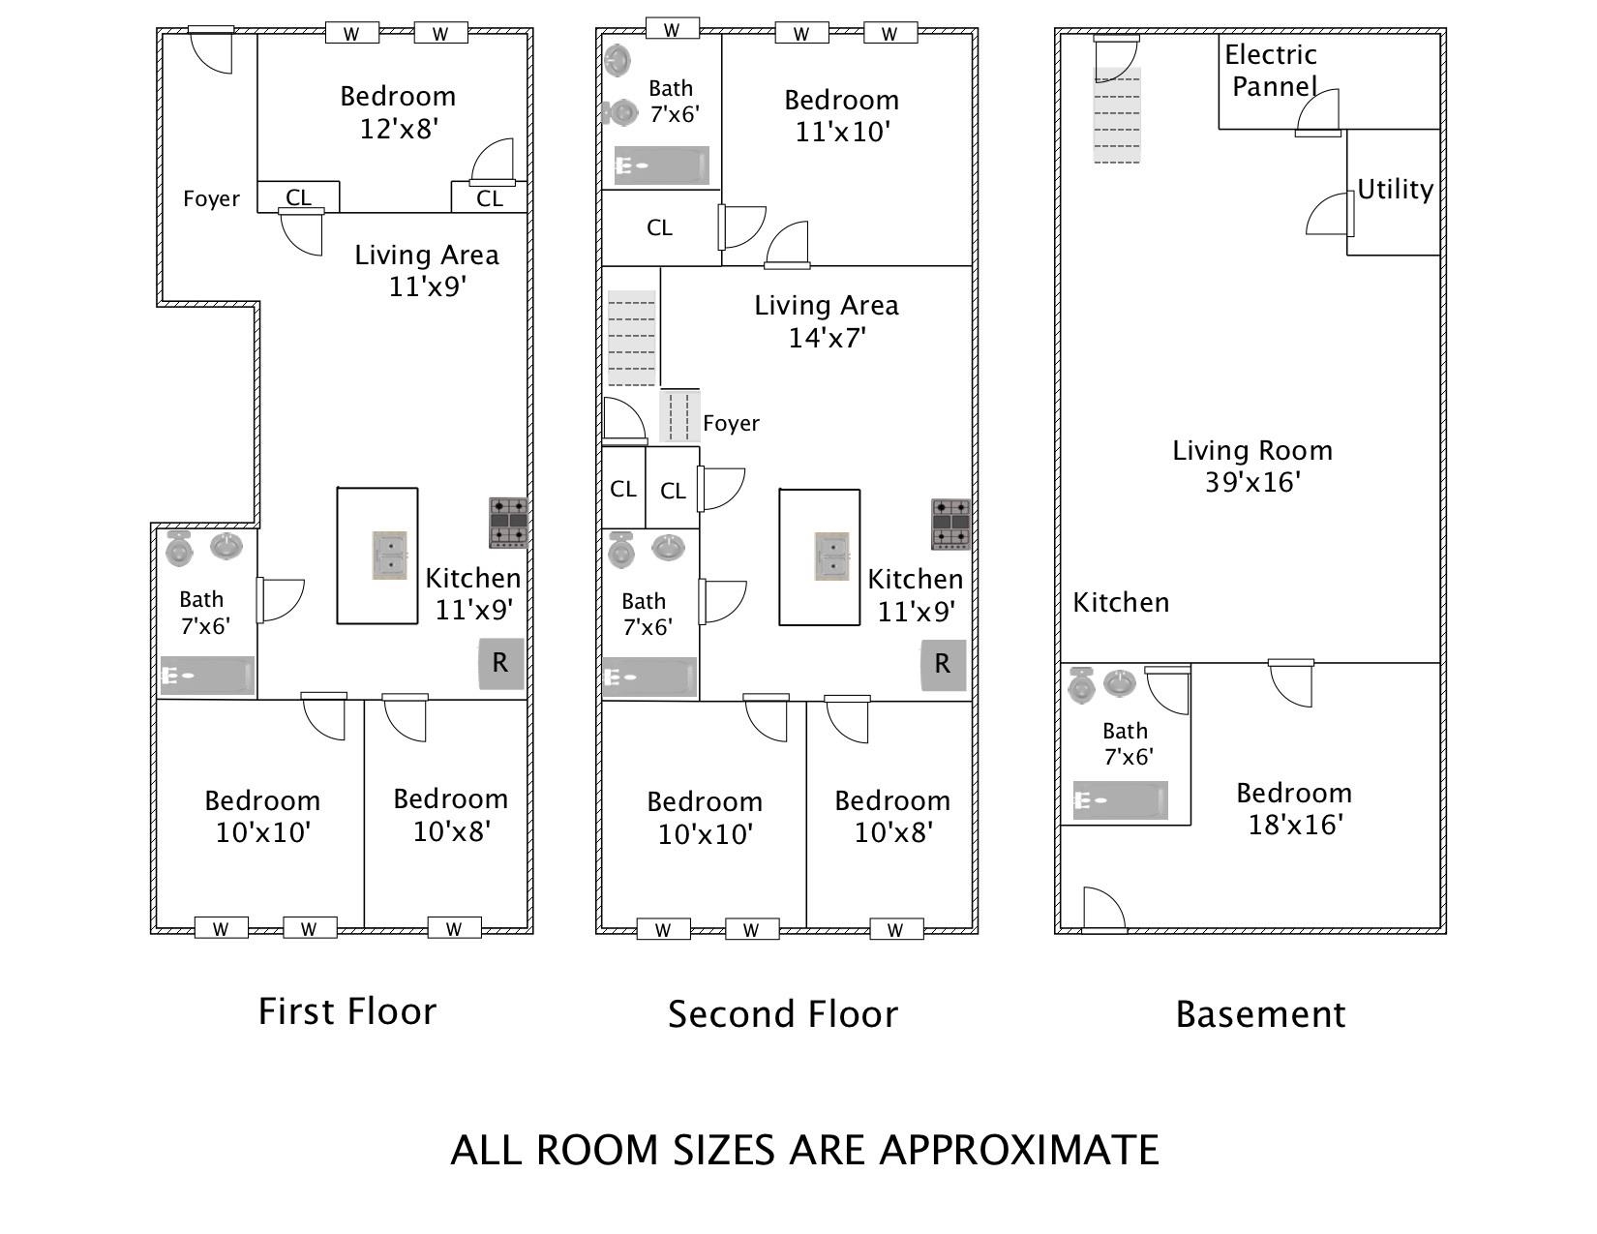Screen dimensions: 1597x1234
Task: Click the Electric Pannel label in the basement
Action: click(1272, 71)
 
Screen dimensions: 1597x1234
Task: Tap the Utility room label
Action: click(1395, 190)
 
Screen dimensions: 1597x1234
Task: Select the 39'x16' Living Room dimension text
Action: click(1253, 482)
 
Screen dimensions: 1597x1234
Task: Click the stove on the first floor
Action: click(508, 523)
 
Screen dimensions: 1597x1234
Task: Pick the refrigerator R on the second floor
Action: click(943, 664)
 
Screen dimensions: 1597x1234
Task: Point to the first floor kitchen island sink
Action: click(389, 556)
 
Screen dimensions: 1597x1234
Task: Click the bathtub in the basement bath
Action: click(1120, 799)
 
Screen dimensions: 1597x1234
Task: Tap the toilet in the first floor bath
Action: click(179, 548)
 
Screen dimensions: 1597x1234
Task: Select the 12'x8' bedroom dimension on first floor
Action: click(399, 130)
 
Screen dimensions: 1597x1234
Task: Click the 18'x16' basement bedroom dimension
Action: click(1295, 825)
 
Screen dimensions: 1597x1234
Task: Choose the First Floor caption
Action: click(347, 1011)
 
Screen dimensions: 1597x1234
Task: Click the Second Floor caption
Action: click(783, 1014)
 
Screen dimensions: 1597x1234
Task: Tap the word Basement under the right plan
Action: click(1260, 1014)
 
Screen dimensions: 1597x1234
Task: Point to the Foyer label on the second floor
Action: click(732, 423)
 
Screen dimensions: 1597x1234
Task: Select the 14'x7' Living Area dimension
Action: click(827, 338)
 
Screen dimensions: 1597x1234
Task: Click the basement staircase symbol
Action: click(1117, 114)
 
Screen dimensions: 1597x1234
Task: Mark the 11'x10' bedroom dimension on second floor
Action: click(843, 133)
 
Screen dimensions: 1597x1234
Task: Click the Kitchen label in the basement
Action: click(1121, 603)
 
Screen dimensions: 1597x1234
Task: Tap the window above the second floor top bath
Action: click(672, 29)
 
